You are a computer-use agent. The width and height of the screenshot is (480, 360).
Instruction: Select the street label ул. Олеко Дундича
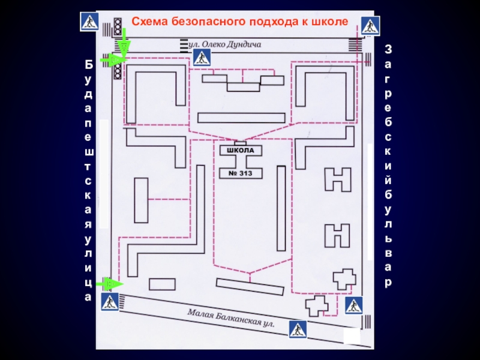tap(225, 44)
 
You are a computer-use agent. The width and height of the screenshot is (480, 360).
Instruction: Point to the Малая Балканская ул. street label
tap(230, 318)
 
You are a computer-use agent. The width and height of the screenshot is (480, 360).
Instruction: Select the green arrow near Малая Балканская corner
tap(111, 283)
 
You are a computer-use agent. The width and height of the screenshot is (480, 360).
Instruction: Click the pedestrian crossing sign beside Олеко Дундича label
tap(202, 58)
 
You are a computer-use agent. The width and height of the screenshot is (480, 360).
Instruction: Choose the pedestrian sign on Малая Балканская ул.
tap(298, 329)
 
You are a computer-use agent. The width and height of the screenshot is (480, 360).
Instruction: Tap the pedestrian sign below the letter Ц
tap(110, 302)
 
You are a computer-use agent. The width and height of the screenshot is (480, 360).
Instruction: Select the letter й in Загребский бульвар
tap(388, 179)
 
